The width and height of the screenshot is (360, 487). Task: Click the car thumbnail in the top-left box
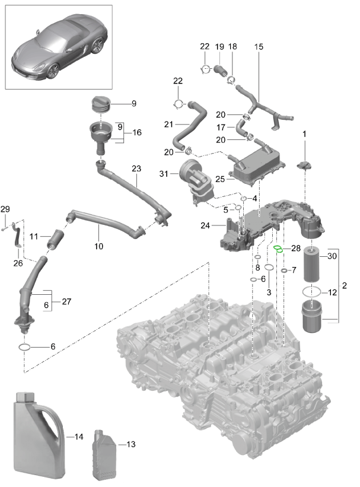58,47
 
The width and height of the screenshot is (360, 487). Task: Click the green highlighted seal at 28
278,249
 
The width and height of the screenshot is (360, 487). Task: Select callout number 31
164,173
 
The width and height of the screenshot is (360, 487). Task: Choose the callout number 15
258,47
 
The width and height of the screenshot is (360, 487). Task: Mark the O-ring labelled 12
313,292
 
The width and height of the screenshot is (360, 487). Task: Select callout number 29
5,209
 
